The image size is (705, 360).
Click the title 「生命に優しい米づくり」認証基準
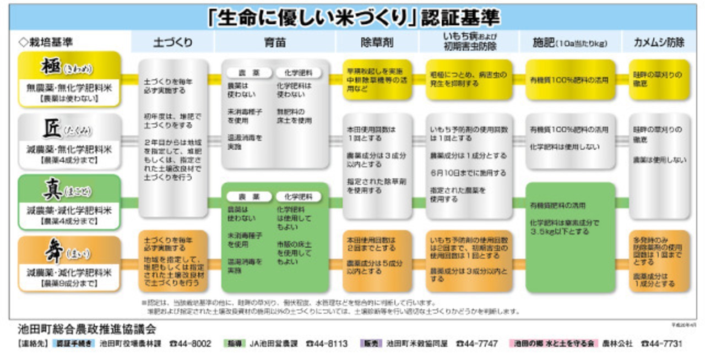coord(353,17)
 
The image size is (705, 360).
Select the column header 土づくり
coord(172,42)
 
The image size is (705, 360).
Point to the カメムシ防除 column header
coord(659,42)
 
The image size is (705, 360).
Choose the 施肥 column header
coord(570,42)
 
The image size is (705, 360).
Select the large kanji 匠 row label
coord(53,129)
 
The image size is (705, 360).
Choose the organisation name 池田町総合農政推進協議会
coord(86,330)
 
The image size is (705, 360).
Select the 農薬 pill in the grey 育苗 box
coord(241,73)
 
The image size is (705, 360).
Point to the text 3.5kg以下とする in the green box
coord(552,232)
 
